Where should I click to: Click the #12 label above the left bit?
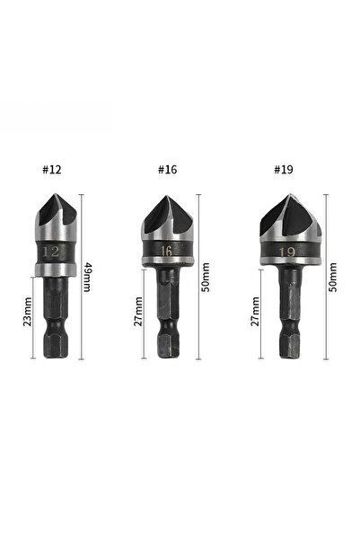[52, 170]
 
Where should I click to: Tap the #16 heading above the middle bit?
[167, 170]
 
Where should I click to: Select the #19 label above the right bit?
[284, 170]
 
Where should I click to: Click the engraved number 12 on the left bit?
[50, 252]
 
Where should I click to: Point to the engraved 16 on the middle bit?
[167, 251]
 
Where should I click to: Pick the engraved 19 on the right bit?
[287, 252]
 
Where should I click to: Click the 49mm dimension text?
[87, 277]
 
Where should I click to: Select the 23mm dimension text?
[28, 312]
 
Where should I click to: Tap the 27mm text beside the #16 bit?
[138, 311]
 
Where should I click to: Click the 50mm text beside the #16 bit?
[206, 278]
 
